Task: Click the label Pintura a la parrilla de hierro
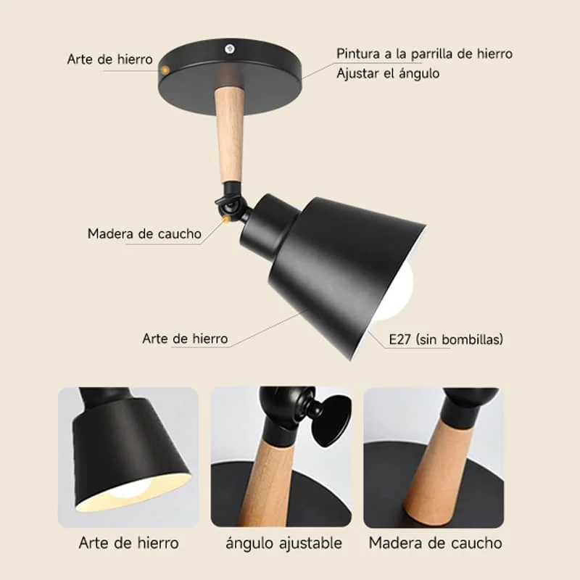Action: click(x=424, y=54)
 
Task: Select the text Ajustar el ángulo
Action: click(x=388, y=73)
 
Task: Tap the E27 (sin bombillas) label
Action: click(x=446, y=339)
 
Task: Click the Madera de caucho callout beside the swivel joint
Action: click(x=144, y=233)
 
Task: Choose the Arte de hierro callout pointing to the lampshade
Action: click(x=185, y=339)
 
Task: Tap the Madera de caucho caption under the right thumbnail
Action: click(x=435, y=542)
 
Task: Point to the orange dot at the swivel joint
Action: click(x=231, y=215)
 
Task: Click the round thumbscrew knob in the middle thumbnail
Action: click(x=330, y=420)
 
